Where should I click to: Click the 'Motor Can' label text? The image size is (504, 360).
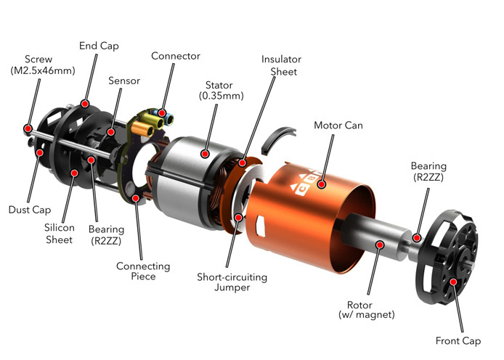(338, 126)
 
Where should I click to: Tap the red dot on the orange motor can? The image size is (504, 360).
(322, 184)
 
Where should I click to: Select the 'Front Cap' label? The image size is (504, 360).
(458, 340)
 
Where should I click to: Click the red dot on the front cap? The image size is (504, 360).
(453, 282)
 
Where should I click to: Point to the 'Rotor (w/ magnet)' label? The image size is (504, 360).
(367, 309)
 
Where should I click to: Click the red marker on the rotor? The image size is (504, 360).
(380, 245)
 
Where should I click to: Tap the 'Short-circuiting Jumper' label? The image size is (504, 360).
(232, 282)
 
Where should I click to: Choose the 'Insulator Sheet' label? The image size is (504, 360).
(281, 65)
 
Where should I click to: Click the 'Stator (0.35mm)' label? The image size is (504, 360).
(221, 90)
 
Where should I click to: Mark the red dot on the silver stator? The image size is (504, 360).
(205, 154)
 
